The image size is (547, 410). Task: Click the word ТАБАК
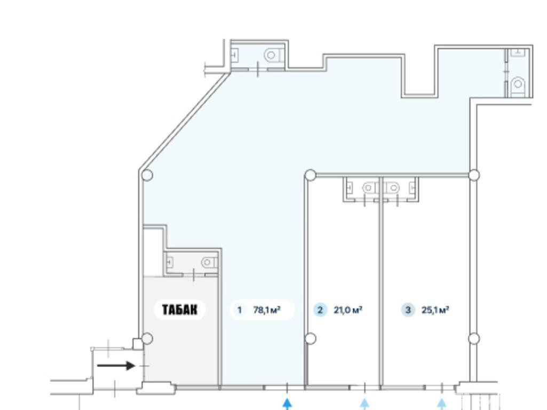point(180,310)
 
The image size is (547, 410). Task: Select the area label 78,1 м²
point(267,310)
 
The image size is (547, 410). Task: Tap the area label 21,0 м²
point(348,310)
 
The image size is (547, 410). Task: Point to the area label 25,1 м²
point(435,310)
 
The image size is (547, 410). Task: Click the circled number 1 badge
point(239,310)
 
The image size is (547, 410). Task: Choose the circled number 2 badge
point(320,310)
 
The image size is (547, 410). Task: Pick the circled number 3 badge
point(408,310)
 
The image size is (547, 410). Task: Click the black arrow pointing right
point(116,366)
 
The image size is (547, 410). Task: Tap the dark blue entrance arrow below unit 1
point(287,404)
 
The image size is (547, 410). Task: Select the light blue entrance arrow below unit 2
point(364,404)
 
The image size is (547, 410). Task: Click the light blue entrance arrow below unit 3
point(442,404)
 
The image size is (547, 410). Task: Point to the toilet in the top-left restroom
point(274,55)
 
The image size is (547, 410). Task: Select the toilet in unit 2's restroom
point(369,188)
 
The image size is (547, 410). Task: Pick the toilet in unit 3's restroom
point(392,188)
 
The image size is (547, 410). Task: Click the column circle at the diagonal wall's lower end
point(147,175)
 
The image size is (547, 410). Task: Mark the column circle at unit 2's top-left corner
point(311,175)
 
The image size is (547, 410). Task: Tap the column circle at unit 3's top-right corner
point(474,175)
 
